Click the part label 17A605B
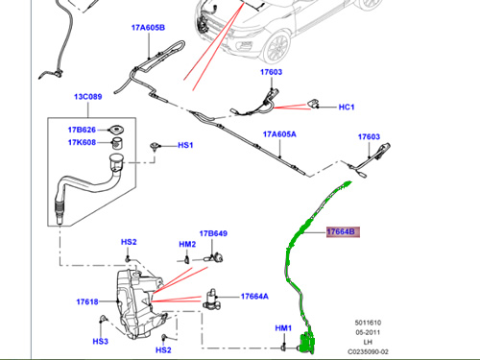(x=148, y=28)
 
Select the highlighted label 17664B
(x=343, y=231)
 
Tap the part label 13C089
(x=88, y=97)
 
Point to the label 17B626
(x=82, y=130)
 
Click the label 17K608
(x=82, y=142)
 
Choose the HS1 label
(x=185, y=145)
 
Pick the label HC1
(x=347, y=107)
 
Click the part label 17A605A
(x=279, y=134)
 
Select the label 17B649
(x=213, y=233)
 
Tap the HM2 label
(x=187, y=245)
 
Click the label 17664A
(x=254, y=297)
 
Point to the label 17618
(x=87, y=301)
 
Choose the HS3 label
(x=101, y=342)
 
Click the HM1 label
(x=283, y=328)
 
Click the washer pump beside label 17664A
(x=211, y=300)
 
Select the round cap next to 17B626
(x=116, y=130)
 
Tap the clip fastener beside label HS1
(x=155, y=147)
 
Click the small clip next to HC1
(x=313, y=104)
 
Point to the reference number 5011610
(x=368, y=323)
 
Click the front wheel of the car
(x=277, y=47)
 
